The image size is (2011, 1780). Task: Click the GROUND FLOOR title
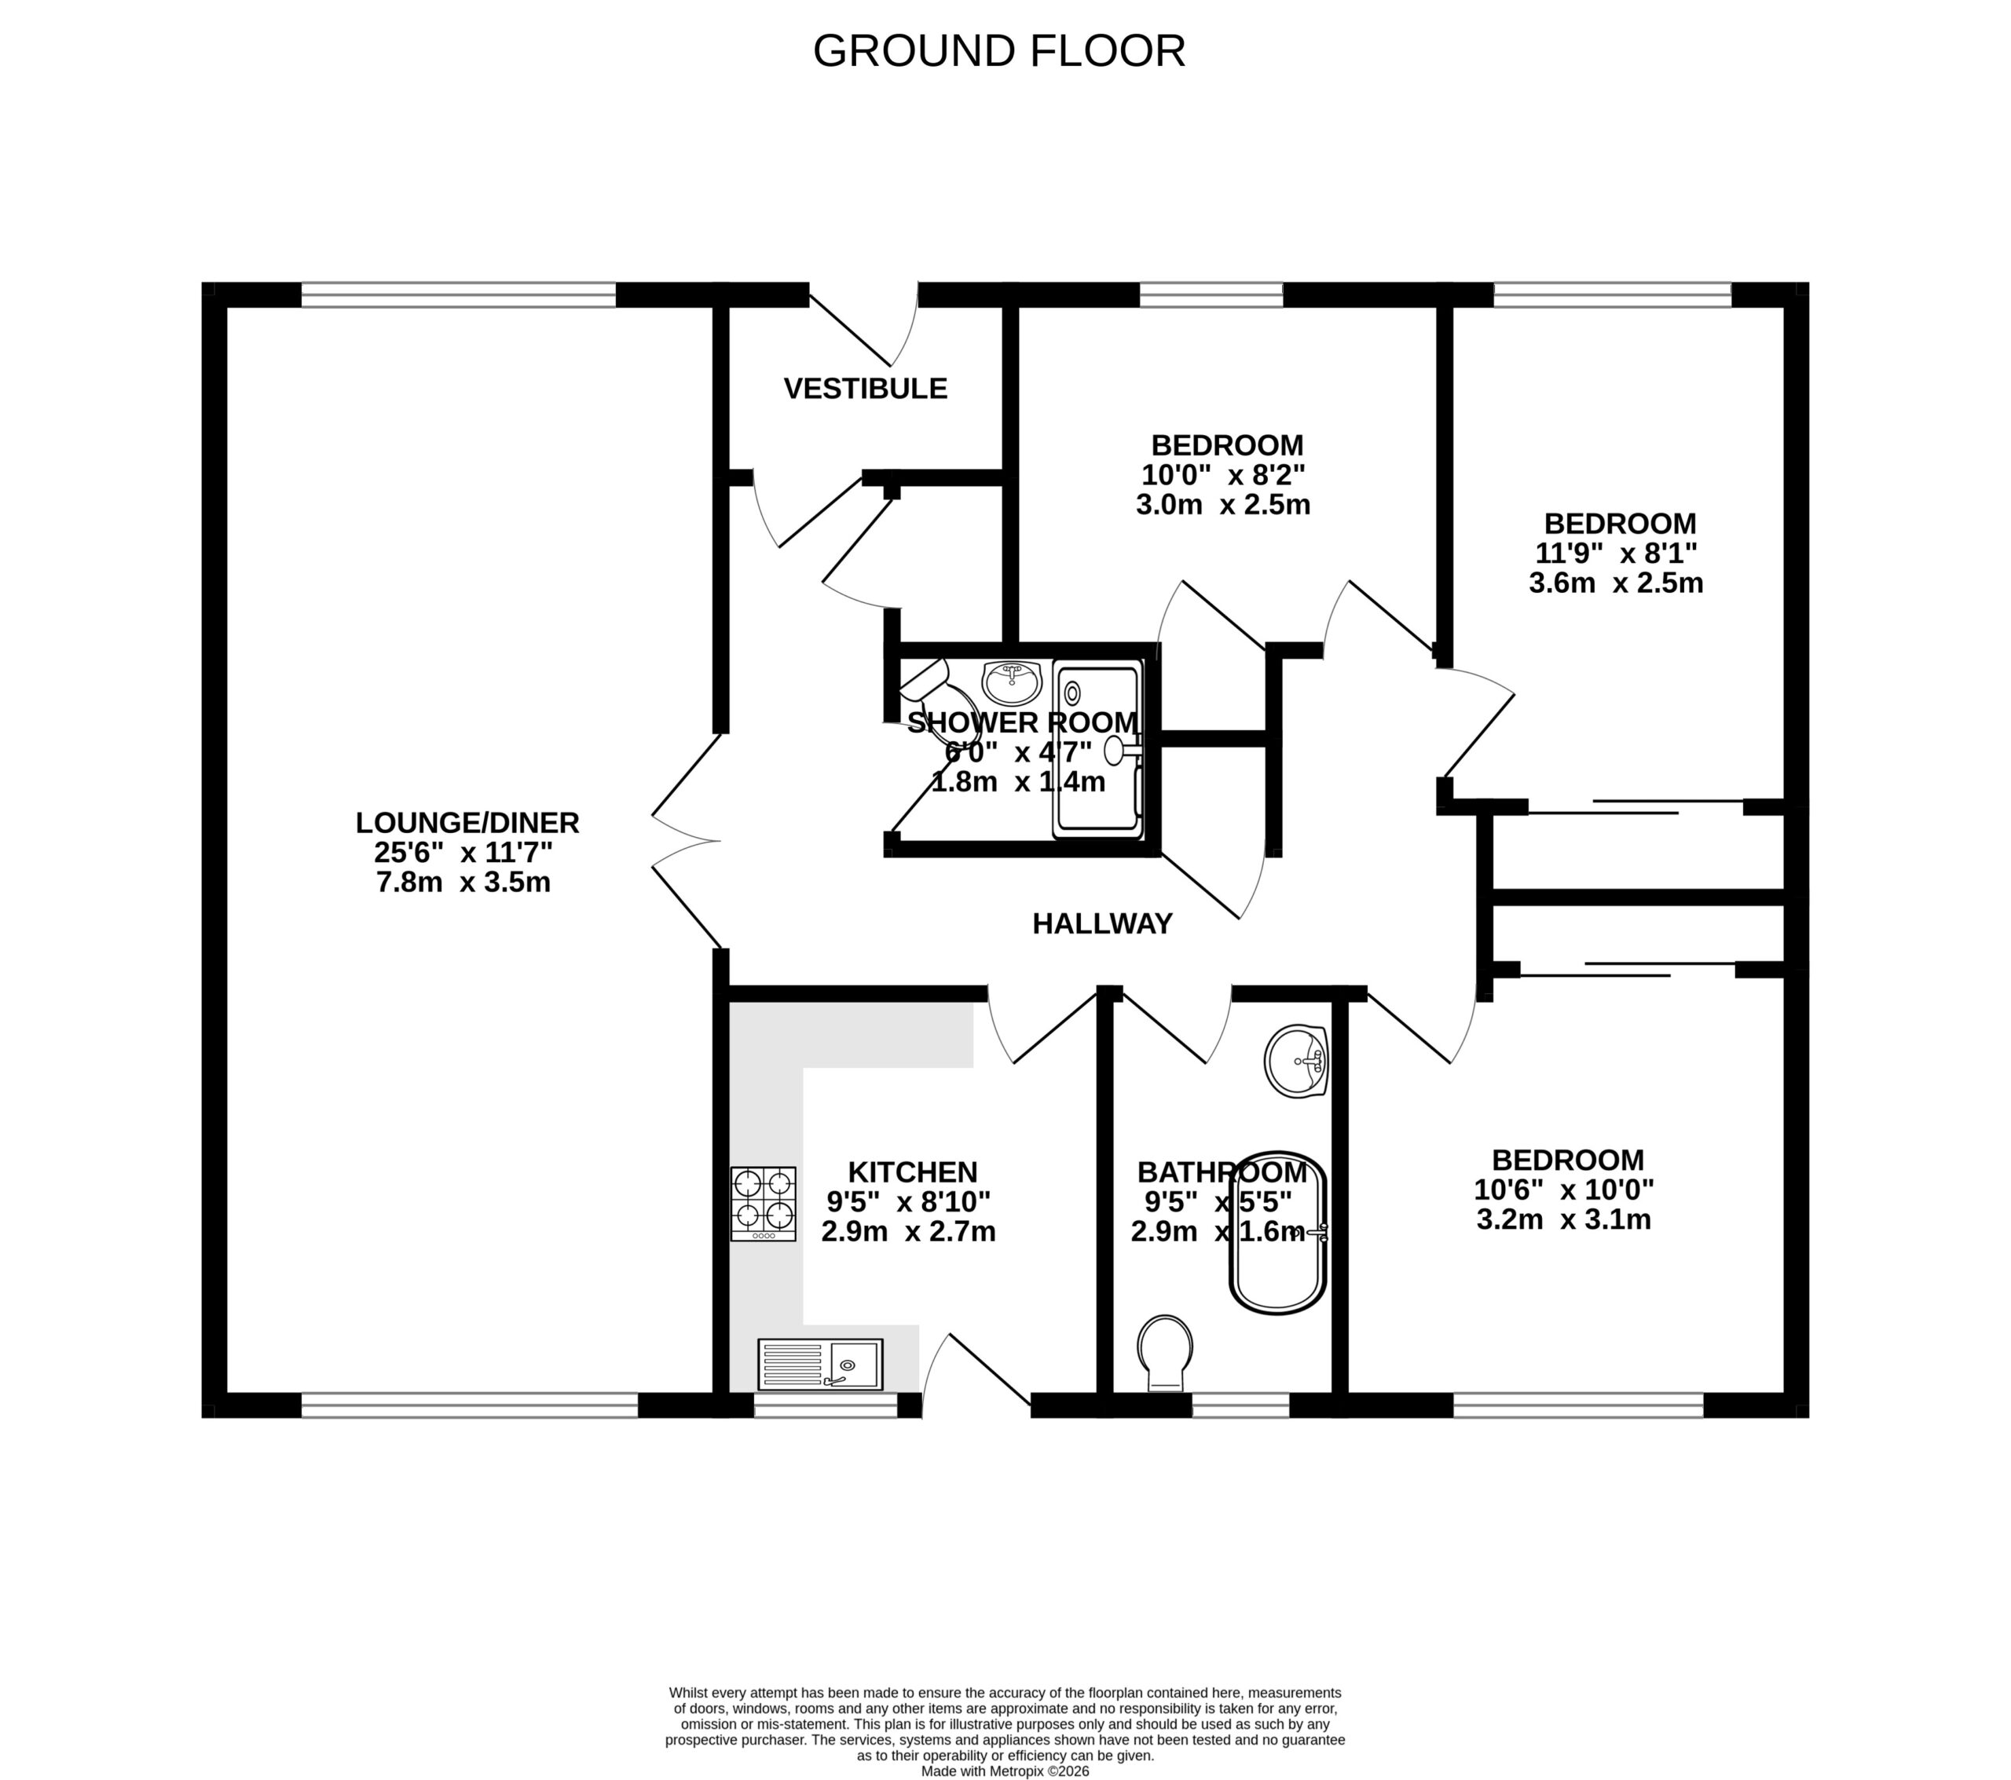tap(998, 51)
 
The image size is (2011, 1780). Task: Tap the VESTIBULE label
tap(865, 389)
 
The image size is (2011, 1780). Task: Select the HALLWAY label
tap(1102, 923)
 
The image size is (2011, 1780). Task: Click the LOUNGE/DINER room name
tap(467, 822)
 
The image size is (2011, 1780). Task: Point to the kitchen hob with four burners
tap(763, 1204)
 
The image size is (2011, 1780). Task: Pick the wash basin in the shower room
tap(1012, 681)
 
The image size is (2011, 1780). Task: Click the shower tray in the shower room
tap(1099, 749)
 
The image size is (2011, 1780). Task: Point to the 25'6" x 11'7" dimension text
tap(463, 852)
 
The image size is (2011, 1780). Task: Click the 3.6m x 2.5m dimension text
tap(1616, 583)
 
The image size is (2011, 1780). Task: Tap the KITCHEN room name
tap(912, 1172)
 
